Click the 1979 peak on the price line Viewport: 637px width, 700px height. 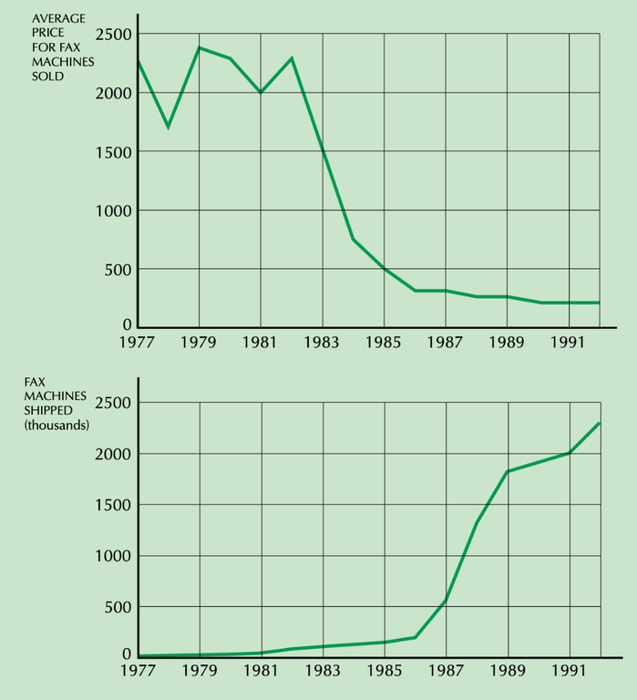tap(200, 47)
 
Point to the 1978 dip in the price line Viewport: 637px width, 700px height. tap(169, 127)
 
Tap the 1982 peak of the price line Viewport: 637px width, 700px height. tap(292, 58)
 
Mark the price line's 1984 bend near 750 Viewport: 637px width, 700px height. tap(354, 240)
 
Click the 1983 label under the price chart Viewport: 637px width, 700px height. tap(323, 344)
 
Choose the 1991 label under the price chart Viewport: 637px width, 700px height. tap(569, 344)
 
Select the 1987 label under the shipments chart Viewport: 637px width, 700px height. tap(446, 673)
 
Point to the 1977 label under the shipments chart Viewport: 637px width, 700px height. tap(139, 673)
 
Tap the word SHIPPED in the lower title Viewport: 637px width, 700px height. tap(51, 411)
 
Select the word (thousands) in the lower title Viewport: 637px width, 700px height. tap(57, 426)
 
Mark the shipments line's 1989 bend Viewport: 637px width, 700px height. tap(508, 471)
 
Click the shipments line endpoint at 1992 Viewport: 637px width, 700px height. tap(600, 423)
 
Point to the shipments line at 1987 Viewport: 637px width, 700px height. tap(446, 600)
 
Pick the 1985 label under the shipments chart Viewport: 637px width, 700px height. tap(385, 673)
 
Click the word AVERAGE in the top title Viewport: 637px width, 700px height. tap(57, 18)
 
